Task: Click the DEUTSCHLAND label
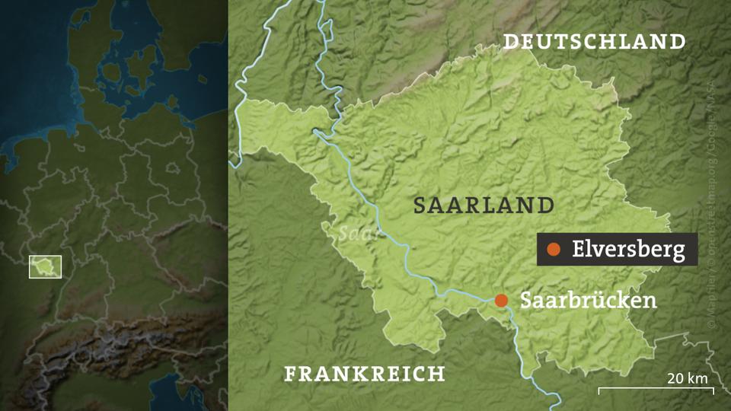point(594,41)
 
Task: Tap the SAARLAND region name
point(484,204)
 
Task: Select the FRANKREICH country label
point(364,374)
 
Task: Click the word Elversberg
point(628,249)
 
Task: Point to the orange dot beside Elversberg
point(554,249)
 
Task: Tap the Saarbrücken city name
point(588,300)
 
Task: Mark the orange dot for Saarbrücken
point(501,300)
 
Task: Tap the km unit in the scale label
point(698,378)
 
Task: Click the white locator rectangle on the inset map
point(45,266)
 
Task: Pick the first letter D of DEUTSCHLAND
point(510,41)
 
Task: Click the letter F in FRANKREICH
point(290,374)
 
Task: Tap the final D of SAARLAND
point(546,204)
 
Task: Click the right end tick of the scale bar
point(713,391)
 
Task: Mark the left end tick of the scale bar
point(599,391)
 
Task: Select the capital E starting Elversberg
point(578,249)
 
